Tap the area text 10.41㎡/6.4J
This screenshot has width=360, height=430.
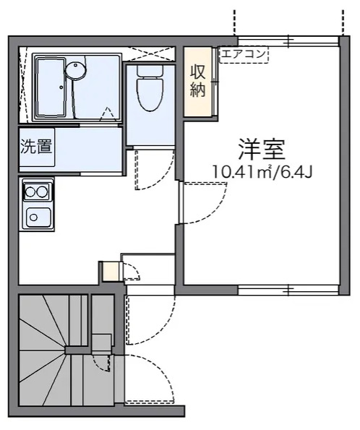click(x=262, y=172)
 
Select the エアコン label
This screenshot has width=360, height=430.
click(x=243, y=53)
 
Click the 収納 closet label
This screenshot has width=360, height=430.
click(x=198, y=81)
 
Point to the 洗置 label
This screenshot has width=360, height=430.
click(x=35, y=146)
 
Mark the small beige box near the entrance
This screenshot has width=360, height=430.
click(x=109, y=271)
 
